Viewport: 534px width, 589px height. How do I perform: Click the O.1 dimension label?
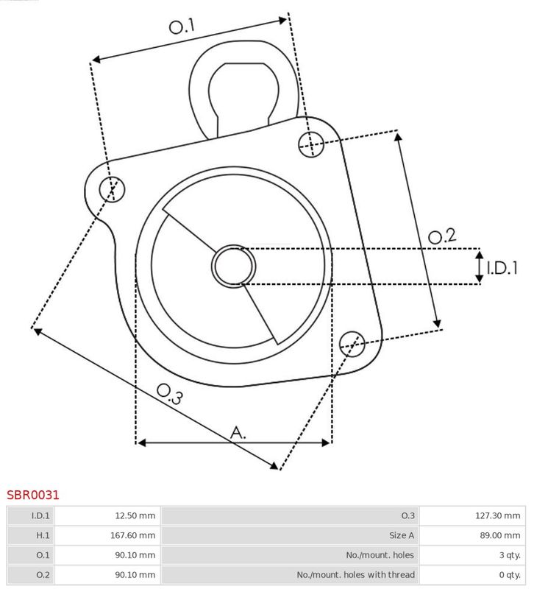182,27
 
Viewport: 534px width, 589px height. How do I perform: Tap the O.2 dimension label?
443,236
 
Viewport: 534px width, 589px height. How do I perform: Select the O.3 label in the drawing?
170,394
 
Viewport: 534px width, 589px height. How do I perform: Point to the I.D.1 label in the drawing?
502,268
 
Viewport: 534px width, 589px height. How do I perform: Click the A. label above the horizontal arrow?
238,433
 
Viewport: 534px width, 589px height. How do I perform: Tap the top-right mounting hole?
311,144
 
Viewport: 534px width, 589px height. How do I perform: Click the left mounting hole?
112,189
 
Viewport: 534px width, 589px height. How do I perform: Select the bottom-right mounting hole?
352,344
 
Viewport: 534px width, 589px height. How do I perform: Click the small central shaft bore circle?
233,267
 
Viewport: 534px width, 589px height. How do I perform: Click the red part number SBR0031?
33,495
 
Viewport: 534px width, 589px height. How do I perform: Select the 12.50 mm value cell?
135,516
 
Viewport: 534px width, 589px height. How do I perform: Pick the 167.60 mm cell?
133,535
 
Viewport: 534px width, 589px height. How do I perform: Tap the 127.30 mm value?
498,516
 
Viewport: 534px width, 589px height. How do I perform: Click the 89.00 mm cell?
500,535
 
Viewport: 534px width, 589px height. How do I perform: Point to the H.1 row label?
43,535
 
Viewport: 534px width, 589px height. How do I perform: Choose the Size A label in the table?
402,535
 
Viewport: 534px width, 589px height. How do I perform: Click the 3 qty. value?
510,555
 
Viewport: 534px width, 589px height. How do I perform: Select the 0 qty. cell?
510,575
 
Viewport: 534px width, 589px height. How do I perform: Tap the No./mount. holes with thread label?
356,575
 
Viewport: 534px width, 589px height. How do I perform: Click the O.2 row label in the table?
43,575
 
